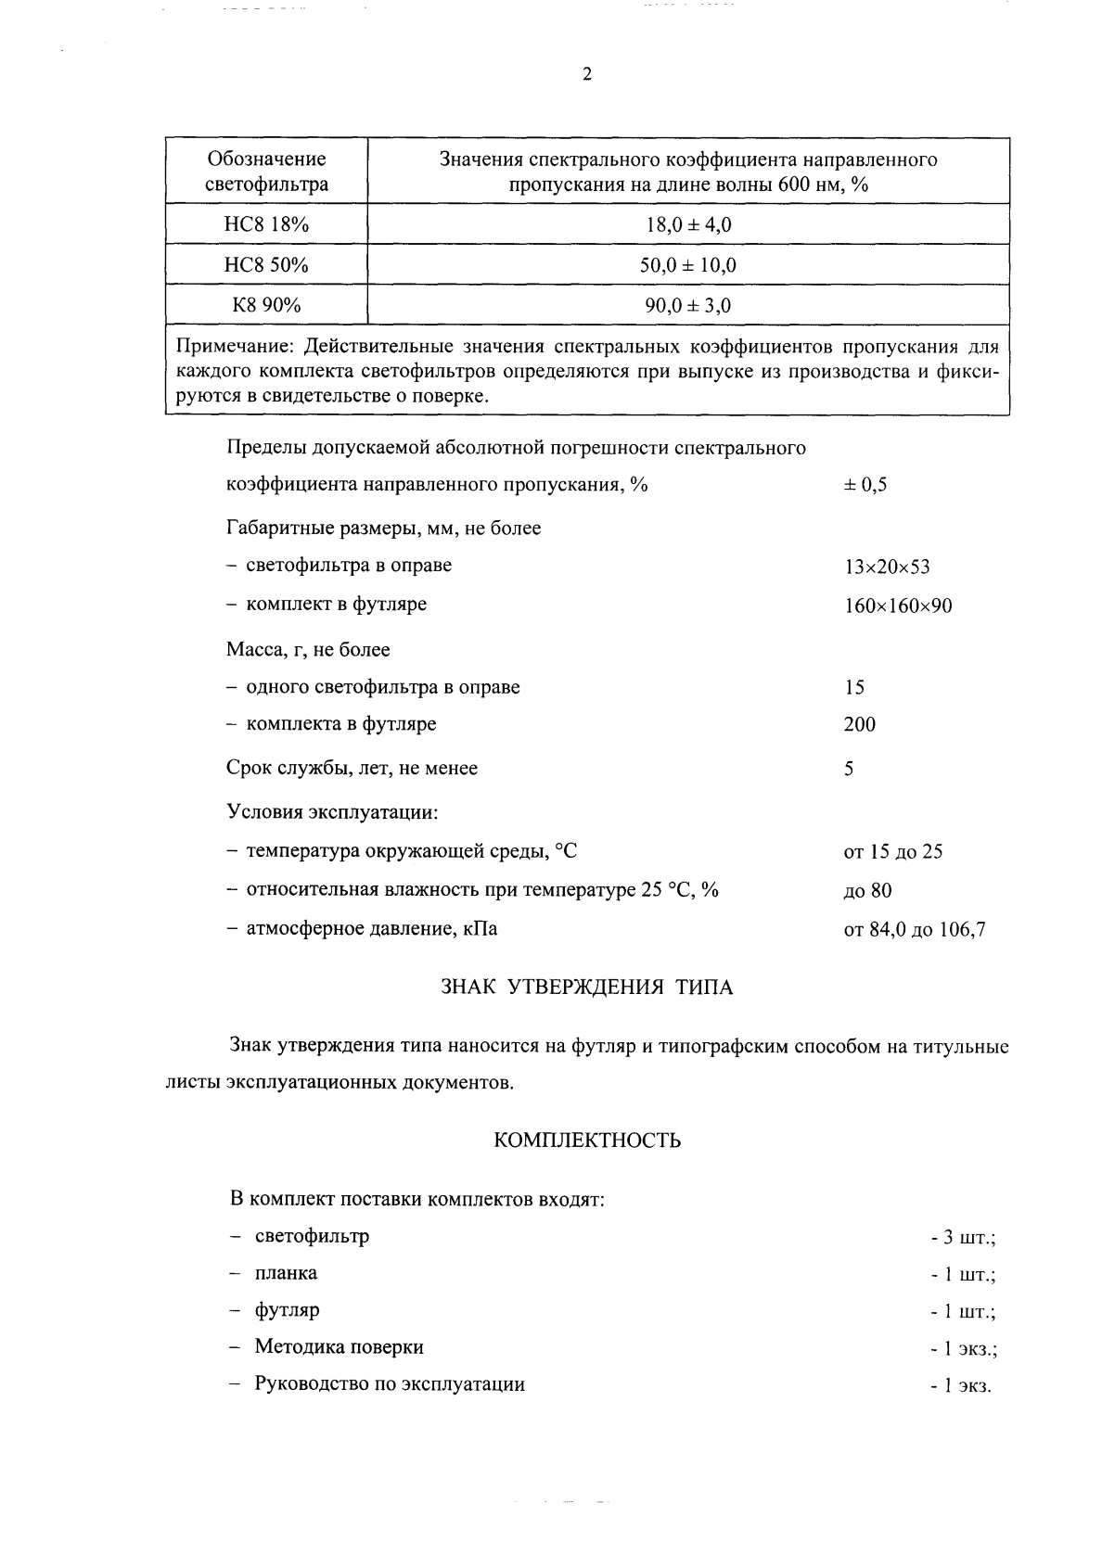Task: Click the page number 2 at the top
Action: click(x=586, y=76)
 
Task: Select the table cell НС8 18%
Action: click(x=266, y=224)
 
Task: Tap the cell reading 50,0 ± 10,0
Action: click(x=687, y=265)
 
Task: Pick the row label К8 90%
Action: click(x=266, y=305)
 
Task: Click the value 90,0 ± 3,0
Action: click(x=687, y=305)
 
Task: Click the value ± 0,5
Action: click(x=865, y=485)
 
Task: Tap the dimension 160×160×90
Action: click(x=897, y=606)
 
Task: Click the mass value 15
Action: click(x=854, y=687)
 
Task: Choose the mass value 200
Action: click(x=859, y=724)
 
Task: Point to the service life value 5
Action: click(x=849, y=769)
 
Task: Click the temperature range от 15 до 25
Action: click(x=892, y=851)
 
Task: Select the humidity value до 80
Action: click(x=867, y=891)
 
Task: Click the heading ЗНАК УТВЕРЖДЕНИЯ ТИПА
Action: click(x=586, y=988)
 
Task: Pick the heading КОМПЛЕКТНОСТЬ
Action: click(x=586, y=1141)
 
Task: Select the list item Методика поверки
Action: click(x=339, y=1346)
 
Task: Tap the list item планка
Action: click(x=286, y=1273)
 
